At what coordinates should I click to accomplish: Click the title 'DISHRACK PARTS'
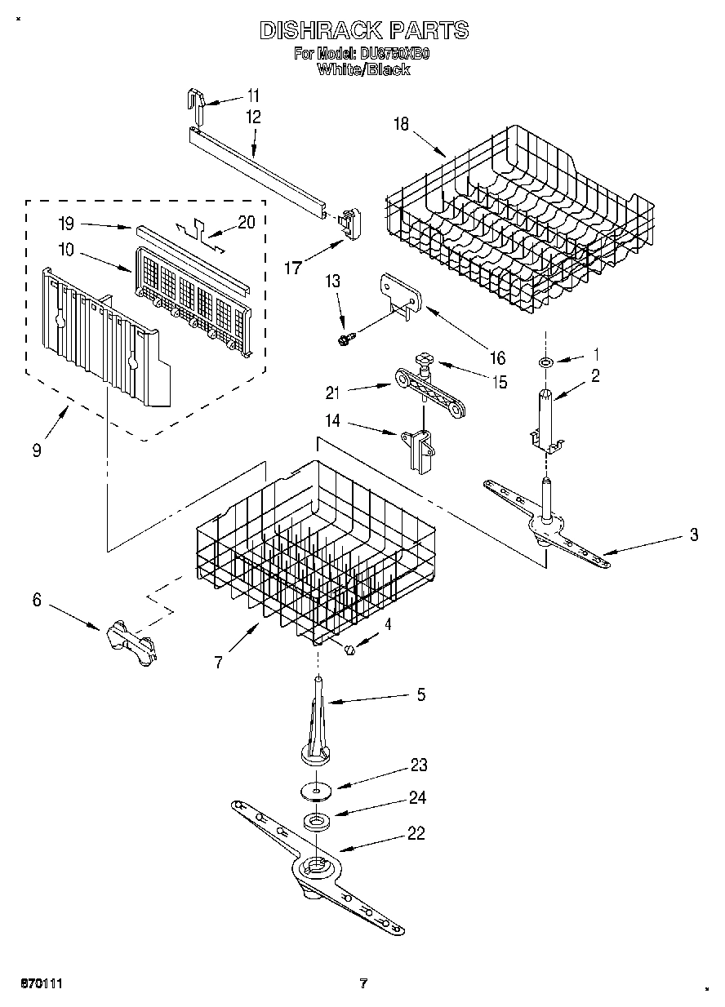click(364, 31)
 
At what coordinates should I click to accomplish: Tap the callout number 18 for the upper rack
click(401, 124)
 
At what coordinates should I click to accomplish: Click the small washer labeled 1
click(545, 360)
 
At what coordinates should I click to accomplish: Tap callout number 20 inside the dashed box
click(246, 222)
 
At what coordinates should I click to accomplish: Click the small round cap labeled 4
click(350, 648)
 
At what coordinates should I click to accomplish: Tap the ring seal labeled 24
click(315, 821)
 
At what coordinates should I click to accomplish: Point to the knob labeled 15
click(425, 361)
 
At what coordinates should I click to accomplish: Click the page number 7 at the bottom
click(364, 983)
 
